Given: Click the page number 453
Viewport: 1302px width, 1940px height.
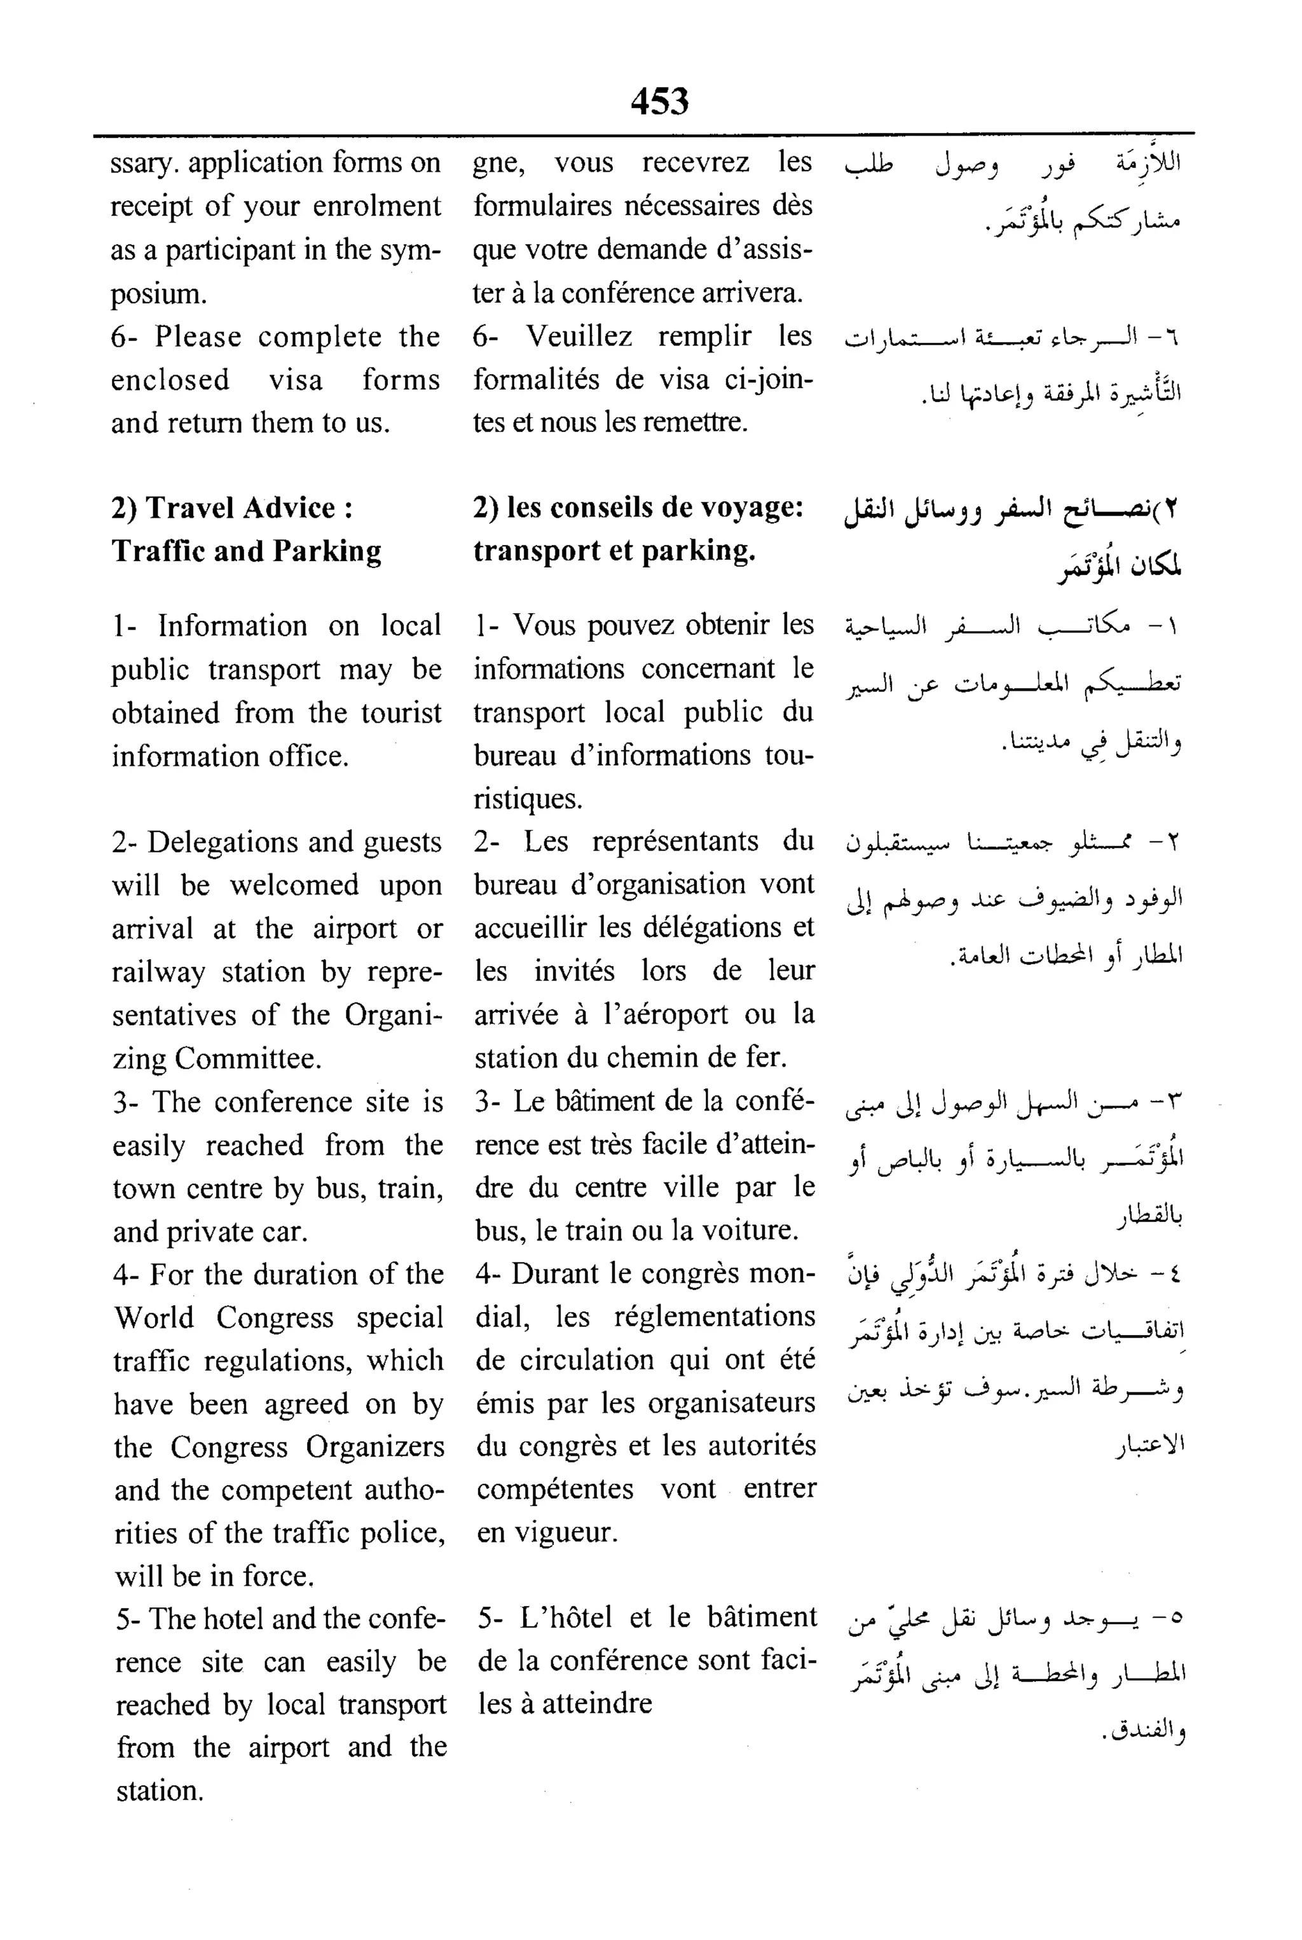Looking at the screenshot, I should tap(659, 101).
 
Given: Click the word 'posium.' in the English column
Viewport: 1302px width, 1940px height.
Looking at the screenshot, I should tap(158, 293).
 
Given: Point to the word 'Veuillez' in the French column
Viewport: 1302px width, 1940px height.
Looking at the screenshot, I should tap(579, 336).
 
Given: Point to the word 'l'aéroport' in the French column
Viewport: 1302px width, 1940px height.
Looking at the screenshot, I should tap(669, 1015).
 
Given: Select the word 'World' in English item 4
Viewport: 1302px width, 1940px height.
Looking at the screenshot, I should tap(153, 1318).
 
